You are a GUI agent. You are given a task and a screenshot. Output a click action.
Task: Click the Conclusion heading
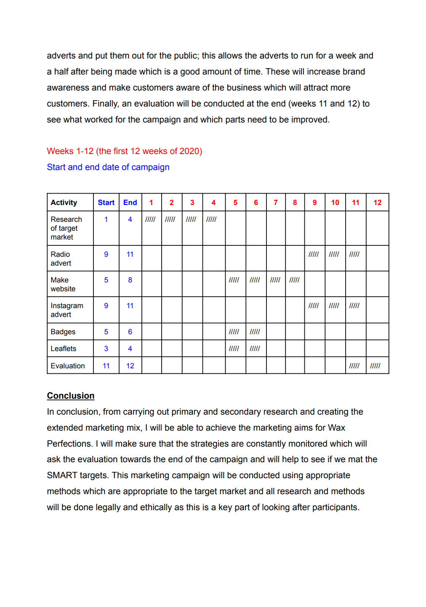tap(71, 396)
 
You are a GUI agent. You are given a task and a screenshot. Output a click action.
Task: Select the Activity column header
tap(64, 202)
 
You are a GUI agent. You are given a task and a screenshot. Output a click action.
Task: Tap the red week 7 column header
tap(276, 202)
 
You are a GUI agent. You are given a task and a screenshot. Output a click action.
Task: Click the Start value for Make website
tap(106, 280)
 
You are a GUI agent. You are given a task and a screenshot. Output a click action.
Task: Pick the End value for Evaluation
tap(130, 366)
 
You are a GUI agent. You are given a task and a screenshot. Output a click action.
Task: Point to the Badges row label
tap(63, 332)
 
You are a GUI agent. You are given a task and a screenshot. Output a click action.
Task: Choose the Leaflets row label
tap(64, 349)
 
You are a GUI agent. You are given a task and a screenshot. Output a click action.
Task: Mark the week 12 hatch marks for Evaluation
tap(375, 366)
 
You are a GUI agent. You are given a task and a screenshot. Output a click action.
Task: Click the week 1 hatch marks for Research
tap(150, 219)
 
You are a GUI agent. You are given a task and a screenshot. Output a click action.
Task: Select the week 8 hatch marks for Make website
tap(294, 280)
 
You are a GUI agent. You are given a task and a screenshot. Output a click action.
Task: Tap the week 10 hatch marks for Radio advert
tap(334, 254)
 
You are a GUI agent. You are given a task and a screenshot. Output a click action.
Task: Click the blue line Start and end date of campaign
tap(108, 167)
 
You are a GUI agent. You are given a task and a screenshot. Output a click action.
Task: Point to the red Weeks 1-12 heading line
tap(125, 151)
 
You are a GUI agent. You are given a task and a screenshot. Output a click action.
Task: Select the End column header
tap(130, 202)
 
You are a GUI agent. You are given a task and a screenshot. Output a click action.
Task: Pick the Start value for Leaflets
tap(106, 349)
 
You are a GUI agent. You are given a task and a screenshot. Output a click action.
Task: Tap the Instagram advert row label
tap(67, 310)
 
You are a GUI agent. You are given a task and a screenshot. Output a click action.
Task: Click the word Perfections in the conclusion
tap(69, 444)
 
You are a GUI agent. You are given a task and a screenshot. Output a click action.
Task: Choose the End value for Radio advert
tap(130, 254)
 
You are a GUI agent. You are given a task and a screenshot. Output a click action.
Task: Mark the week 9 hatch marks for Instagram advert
tap(314, 306)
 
